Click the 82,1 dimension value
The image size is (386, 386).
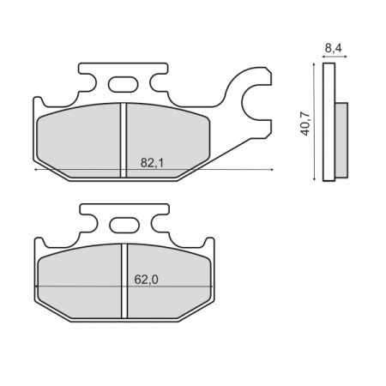tap(151, 161)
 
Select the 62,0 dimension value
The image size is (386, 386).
tap(147, 277)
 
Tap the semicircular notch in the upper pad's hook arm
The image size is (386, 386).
tap(255, 105)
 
